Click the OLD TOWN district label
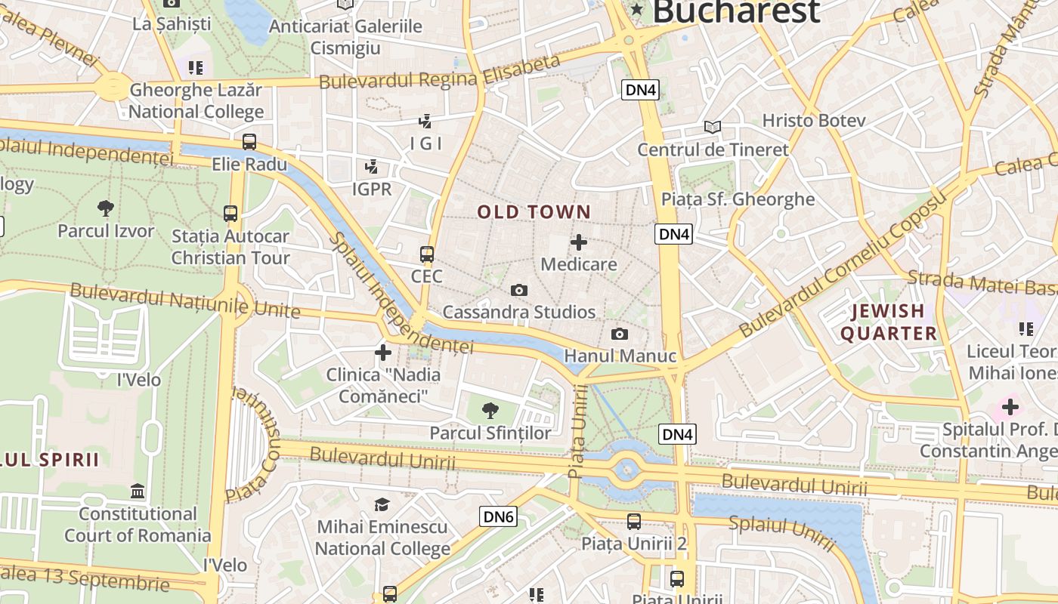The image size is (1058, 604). pyautogui.click(x=534, y=212)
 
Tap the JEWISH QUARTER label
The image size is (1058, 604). pyautogui.click(x=888, y=322)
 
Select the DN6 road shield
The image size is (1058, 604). pyautogui.click(x=499, y=516)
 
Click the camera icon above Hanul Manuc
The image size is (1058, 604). pyautogui.click(x=620, y=334)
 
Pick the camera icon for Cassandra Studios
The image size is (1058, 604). pyautogui.click(x=518, y=290)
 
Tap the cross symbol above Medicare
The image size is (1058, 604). pyautogui.click(x=579, y=242)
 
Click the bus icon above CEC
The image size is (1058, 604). pyautogui.click(x=427, y=254)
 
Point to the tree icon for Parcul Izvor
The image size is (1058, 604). pyautogui.click(x=106, y=208)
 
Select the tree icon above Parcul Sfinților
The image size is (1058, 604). pyautogui.click(x=490, y=411)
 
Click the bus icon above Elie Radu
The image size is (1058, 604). pyautogui.click(x=249, y=142)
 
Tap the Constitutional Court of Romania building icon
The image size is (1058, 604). pyautogui.click(x=138, y=492)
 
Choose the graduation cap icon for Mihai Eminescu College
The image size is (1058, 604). pyautogui.click(x=382, y=504)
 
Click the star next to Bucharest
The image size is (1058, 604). pyautogui.click(x=637, y=10)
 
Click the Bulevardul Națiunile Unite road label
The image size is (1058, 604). pyautogui.click(x=185, y=300)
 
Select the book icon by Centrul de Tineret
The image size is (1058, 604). pyautogui.click(x=713, y=127)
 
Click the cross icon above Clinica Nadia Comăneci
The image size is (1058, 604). pyautogui.click(x=383, y=353)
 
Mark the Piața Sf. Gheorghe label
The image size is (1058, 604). pyautogui.click(x=738, y=199)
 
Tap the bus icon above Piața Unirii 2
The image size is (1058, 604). pyautogui.click(x=633, y=521)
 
